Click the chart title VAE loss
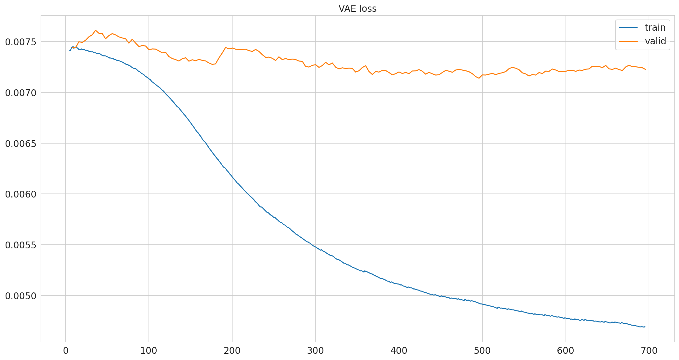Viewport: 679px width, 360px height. click(357, 9)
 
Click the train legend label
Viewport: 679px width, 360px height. click(655, 28)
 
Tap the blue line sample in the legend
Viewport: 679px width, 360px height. click(628, 28)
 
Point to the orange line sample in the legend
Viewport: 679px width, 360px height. click(628, 41)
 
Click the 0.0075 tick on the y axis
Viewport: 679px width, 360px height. click(21, 42)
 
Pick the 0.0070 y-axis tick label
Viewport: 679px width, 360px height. click(21, 93)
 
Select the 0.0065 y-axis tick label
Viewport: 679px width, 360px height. click(21, 144)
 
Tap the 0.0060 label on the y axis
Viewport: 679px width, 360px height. click(21, 194)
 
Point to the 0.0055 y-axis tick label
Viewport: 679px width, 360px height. click(21, 245)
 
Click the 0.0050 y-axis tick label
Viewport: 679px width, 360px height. click(21, 296)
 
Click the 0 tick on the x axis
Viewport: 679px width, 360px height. click(65, 351)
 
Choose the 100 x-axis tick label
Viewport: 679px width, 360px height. click(149, 351)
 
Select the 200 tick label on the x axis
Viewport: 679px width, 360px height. click(232, 351)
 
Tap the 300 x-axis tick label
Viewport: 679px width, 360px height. click(316, 351)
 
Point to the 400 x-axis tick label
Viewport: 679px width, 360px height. click(399, 351)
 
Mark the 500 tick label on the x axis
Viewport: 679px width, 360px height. click(482, 351)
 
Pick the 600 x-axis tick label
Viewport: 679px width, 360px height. click(566, 351)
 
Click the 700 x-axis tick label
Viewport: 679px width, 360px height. click(649, 351)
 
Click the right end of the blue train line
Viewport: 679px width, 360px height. click(645, 327)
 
